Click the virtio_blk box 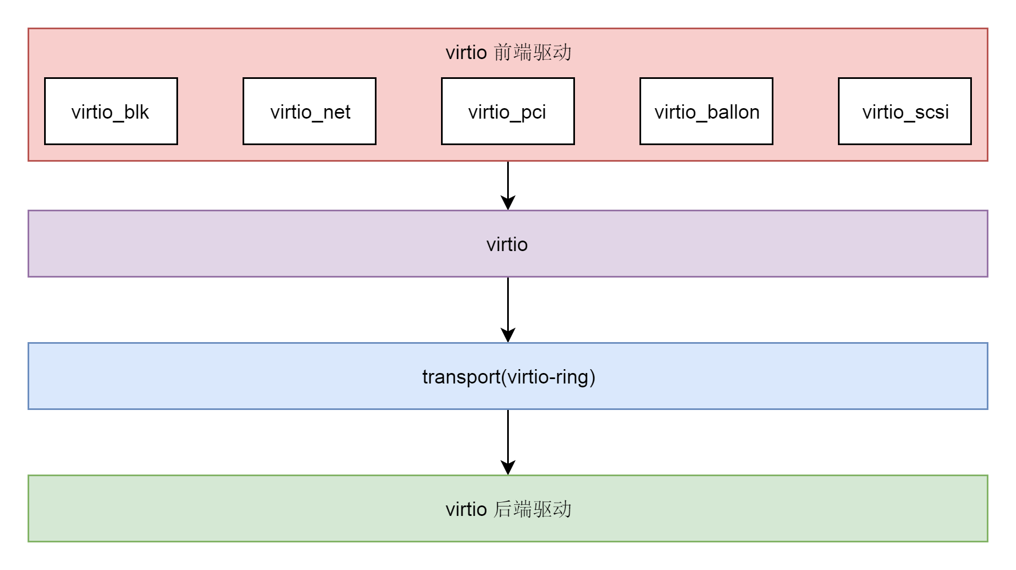click(111, 111)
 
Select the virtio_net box click(309, 111)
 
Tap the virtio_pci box click(508, 111)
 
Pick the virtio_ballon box click(706, 111)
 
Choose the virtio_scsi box click(905, 111)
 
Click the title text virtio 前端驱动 click(508, 52)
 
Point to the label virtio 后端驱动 click(508, 509)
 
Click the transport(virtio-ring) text click(508, 377)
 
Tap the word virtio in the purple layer click(507, 244)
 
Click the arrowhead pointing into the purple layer click(508, 203)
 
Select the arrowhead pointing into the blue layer click(508, 335)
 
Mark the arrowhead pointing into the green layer click(508, 467)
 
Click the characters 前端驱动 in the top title click(533, 52)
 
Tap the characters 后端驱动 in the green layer click(533, 509)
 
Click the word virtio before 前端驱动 click(466, 52)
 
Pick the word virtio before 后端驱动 click(466, 509)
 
